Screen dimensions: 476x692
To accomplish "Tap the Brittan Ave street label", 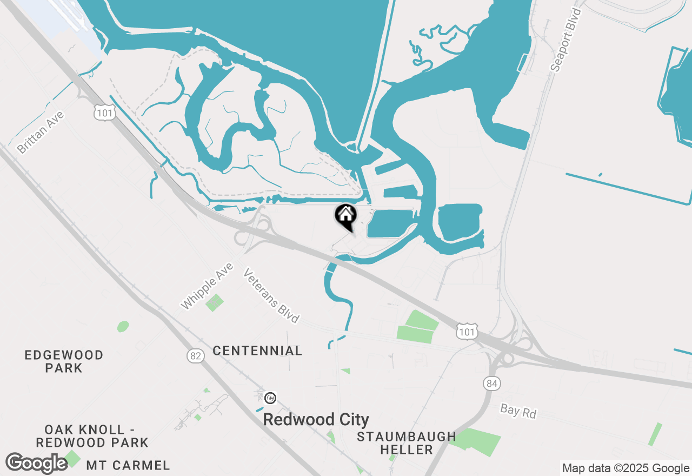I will click(x=41, y=133).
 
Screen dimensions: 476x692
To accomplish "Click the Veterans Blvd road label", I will click(x=271, y=296).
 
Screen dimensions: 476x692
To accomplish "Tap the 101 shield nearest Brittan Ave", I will click(x=104, y=112).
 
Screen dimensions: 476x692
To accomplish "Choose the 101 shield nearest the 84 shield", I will click(x=466, y=331).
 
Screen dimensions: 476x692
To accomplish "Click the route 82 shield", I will click(x=196, y=355).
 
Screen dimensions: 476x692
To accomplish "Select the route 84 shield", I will click(x=491, y=384).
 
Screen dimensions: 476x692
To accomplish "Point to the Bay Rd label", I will click(x=518, y=411).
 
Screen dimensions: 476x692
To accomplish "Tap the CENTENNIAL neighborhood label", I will click(x=257, y=351).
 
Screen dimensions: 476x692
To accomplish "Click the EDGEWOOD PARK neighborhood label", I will click(x=64, y=361).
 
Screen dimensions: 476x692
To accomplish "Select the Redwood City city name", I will click(x=316, y=420).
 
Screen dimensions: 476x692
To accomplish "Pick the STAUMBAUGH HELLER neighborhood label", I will click(x=406, y=442).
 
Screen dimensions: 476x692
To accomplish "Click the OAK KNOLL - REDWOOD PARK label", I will click(x=92, y=436).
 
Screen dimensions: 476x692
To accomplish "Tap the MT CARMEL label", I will click(x=128, y=465).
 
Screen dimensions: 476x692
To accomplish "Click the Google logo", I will click(x=36, y=464).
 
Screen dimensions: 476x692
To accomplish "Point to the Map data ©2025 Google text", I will click(x=626, y=468).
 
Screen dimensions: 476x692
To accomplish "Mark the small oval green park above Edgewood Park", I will click(x=123, y=326).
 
